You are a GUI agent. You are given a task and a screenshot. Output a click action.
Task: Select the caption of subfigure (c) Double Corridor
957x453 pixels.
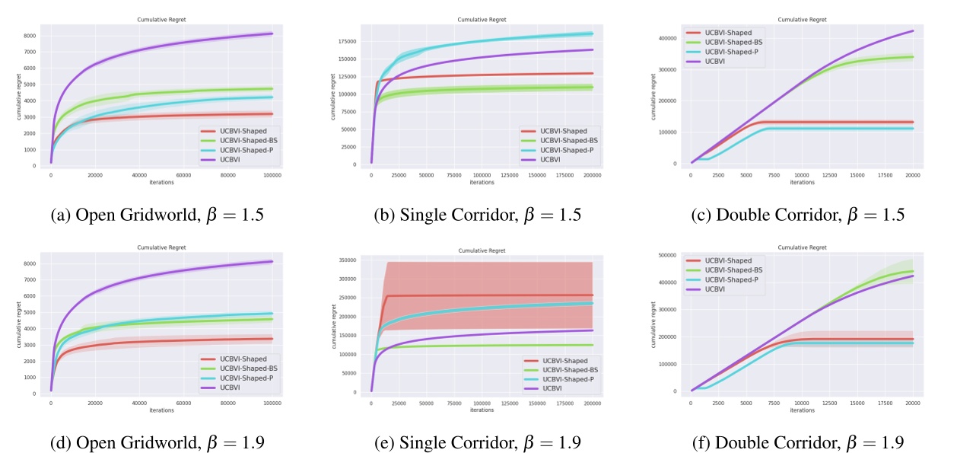pyautogui.click(x=799, y=215)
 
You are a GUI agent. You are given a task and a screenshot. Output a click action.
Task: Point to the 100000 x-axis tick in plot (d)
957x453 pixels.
pyautogui.click(x=272, y=402)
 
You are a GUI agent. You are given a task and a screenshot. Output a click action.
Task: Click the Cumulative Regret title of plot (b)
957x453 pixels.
pyautogui.click(x=478, y=19)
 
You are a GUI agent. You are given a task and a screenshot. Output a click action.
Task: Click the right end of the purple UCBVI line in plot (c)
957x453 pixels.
pyautogui.click(x=912, y=31)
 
